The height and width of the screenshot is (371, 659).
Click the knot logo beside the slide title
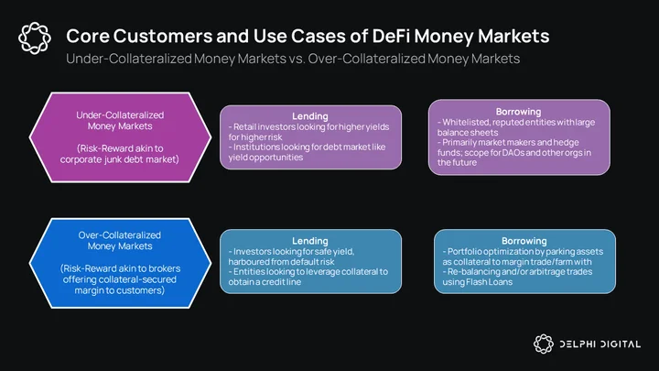pos(35,38)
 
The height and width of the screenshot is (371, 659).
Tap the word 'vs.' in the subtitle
pos(297,59)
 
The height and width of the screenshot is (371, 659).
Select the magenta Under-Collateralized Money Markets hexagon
pos(120,137)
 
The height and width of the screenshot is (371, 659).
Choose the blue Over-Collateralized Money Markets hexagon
pos(120,263)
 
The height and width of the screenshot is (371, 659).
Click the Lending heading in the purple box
pos(310,116)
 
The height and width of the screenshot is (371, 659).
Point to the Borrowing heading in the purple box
pos(518,112)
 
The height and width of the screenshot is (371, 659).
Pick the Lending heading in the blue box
pos(310,241)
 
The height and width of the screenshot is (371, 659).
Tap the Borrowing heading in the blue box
pos(524,241)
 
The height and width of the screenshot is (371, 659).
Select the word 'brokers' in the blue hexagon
pos(162,268)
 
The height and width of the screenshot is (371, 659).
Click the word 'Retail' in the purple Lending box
pos(244,126)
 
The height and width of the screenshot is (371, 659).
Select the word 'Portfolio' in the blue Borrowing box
pos(463,252)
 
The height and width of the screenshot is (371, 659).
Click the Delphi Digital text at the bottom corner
pos(600,344)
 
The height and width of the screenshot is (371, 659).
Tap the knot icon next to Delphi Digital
pos(544,344)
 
